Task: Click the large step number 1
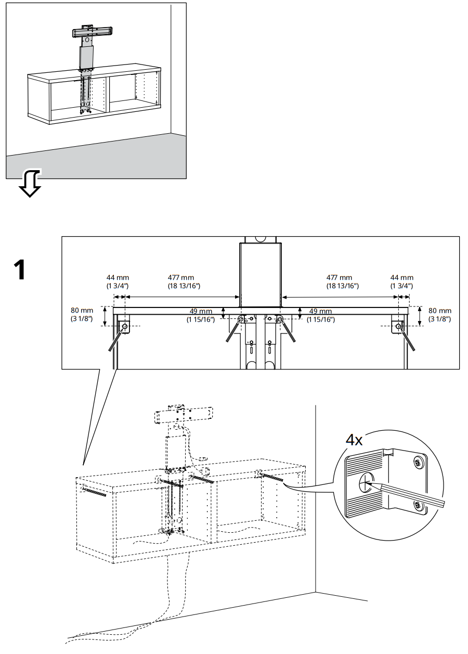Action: [x=19, y=270]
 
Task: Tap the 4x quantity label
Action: [x=355, y=440]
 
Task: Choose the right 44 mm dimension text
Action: [x=402, y=282]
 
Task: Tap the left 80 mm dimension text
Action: [x=82, y=314]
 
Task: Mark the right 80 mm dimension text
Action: [x=439, y=314]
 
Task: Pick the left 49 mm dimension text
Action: [x=201, y=315]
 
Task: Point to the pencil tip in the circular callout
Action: [x=367, y=483]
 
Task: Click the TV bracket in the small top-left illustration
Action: [x=92, y=32]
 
